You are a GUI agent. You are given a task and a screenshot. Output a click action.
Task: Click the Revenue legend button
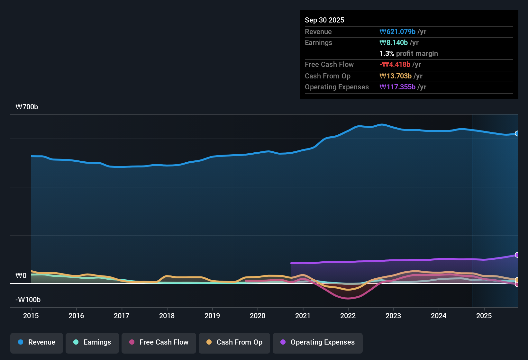click(37, 342)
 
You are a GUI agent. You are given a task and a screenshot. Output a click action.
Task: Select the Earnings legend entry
click(92, 342)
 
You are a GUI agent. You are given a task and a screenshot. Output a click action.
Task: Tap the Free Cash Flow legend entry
click(159, 342)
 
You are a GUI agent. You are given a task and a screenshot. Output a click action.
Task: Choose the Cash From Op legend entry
click(234, 342)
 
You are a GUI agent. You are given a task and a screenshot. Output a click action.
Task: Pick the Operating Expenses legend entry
click(318, 342)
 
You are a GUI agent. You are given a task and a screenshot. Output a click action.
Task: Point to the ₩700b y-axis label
click(27, 107)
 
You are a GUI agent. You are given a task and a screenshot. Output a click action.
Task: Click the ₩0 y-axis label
click(21, 276)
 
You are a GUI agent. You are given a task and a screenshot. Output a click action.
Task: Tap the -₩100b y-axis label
click(28, 300)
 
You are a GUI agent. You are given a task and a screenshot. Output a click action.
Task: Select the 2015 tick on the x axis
click(31, 316)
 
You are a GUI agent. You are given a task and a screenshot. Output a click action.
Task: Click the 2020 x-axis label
click(258, 316)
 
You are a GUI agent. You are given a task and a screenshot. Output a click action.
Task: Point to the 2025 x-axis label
click(484, 316)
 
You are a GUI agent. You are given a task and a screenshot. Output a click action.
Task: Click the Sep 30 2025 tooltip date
click(324, 20)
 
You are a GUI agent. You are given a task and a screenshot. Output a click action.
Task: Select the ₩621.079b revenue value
click(397, 32)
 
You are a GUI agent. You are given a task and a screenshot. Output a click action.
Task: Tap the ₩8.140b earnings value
click(394, 43)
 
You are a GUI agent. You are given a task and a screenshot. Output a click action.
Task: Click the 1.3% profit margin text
click(409, 54)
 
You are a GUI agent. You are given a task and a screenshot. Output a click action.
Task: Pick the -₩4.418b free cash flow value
click(395, 65)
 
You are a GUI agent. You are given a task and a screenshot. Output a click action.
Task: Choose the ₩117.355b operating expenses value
click(397, 87)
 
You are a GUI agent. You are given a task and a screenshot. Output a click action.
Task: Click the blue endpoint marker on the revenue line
click(517, 133)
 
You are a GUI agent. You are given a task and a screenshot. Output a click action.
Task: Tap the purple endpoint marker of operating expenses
click(517, 255)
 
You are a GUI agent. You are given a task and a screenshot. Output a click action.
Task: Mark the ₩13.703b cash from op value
click(396, 76)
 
